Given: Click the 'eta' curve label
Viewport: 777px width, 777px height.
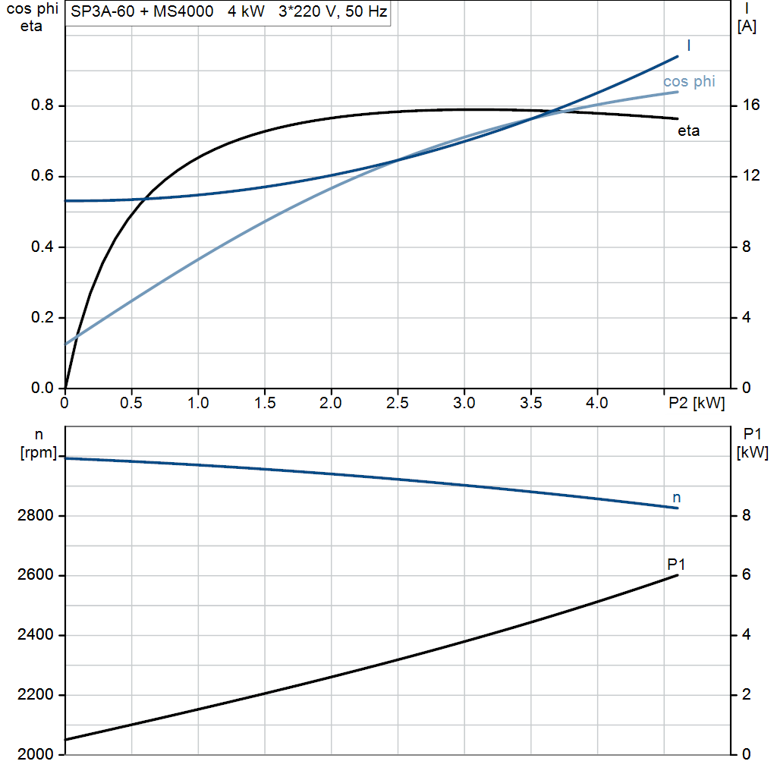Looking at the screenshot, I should coord(688,131).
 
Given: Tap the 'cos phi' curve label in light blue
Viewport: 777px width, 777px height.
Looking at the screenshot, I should coord(689,82).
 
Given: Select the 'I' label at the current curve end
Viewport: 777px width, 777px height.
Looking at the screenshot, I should coord(688,46).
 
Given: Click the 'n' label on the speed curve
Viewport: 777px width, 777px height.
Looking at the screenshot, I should coord(677,498).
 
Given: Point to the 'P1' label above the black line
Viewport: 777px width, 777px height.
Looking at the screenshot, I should coord(676,564).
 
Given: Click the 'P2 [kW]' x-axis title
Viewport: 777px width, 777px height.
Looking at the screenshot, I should coord(697,403).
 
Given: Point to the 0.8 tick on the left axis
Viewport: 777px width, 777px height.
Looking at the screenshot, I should coord(42,105).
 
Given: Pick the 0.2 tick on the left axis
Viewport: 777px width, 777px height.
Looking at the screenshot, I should coord(42,318).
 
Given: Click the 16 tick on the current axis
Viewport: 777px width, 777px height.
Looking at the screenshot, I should coord(750,105).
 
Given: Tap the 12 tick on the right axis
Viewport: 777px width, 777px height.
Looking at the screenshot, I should coord(750,176).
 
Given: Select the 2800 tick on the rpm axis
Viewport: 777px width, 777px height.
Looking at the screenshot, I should coord(33,516).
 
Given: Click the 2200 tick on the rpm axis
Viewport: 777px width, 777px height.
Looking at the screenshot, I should coord(33,695).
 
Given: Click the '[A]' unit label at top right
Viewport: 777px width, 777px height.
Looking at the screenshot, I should coord(747,27).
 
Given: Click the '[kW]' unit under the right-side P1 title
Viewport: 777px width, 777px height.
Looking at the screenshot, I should coord(752,453).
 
